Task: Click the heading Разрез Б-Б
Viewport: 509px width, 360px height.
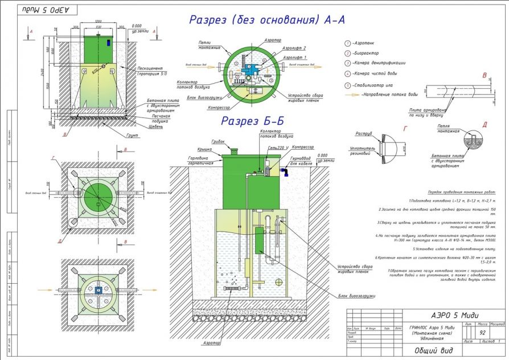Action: [x=252, y=121]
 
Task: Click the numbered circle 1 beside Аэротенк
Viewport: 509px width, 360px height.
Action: [x=347, y=43]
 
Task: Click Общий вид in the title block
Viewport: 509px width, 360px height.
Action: [x=431, y=350]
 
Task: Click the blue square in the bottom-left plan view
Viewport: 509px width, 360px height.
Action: [x=98, y=289]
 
